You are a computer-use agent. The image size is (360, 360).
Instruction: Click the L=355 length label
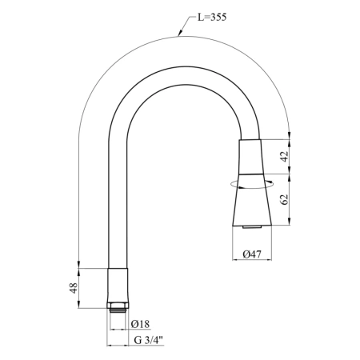pos(212,18)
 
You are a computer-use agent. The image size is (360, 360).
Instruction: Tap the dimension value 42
pos(285,156)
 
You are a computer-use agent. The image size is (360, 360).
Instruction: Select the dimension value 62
pos(285,199)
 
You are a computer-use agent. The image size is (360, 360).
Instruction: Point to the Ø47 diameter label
pos(252,254)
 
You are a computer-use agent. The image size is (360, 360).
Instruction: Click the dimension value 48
pos(74,288)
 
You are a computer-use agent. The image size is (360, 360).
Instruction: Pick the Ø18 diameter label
pos(140,324)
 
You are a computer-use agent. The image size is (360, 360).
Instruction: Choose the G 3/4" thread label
pos(148,340)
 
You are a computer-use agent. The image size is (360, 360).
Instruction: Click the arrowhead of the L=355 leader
pos(179,34)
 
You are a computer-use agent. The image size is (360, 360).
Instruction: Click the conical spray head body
pos(252,200)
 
